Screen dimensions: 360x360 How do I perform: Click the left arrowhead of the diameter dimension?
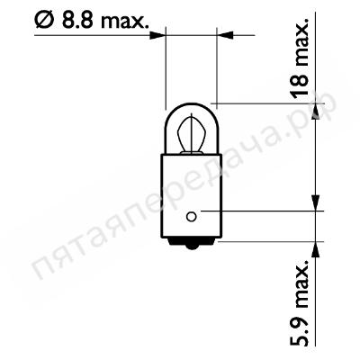(159, 36)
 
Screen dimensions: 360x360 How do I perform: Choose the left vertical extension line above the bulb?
(166, 72)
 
